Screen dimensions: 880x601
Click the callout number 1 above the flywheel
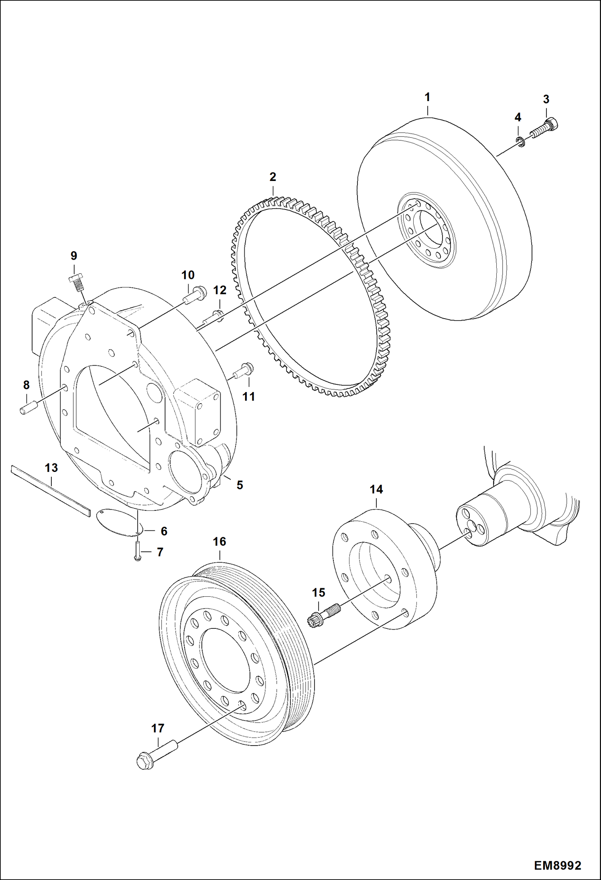(427, 97)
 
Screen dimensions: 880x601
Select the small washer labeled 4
(520, 141)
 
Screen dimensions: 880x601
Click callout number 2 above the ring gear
(273, 177)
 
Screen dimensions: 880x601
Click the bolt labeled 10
(195, 295)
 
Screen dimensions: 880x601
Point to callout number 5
(240, 485)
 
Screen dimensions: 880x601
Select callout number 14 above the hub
(376, 490)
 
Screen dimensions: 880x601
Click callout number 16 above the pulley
(219, 542)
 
